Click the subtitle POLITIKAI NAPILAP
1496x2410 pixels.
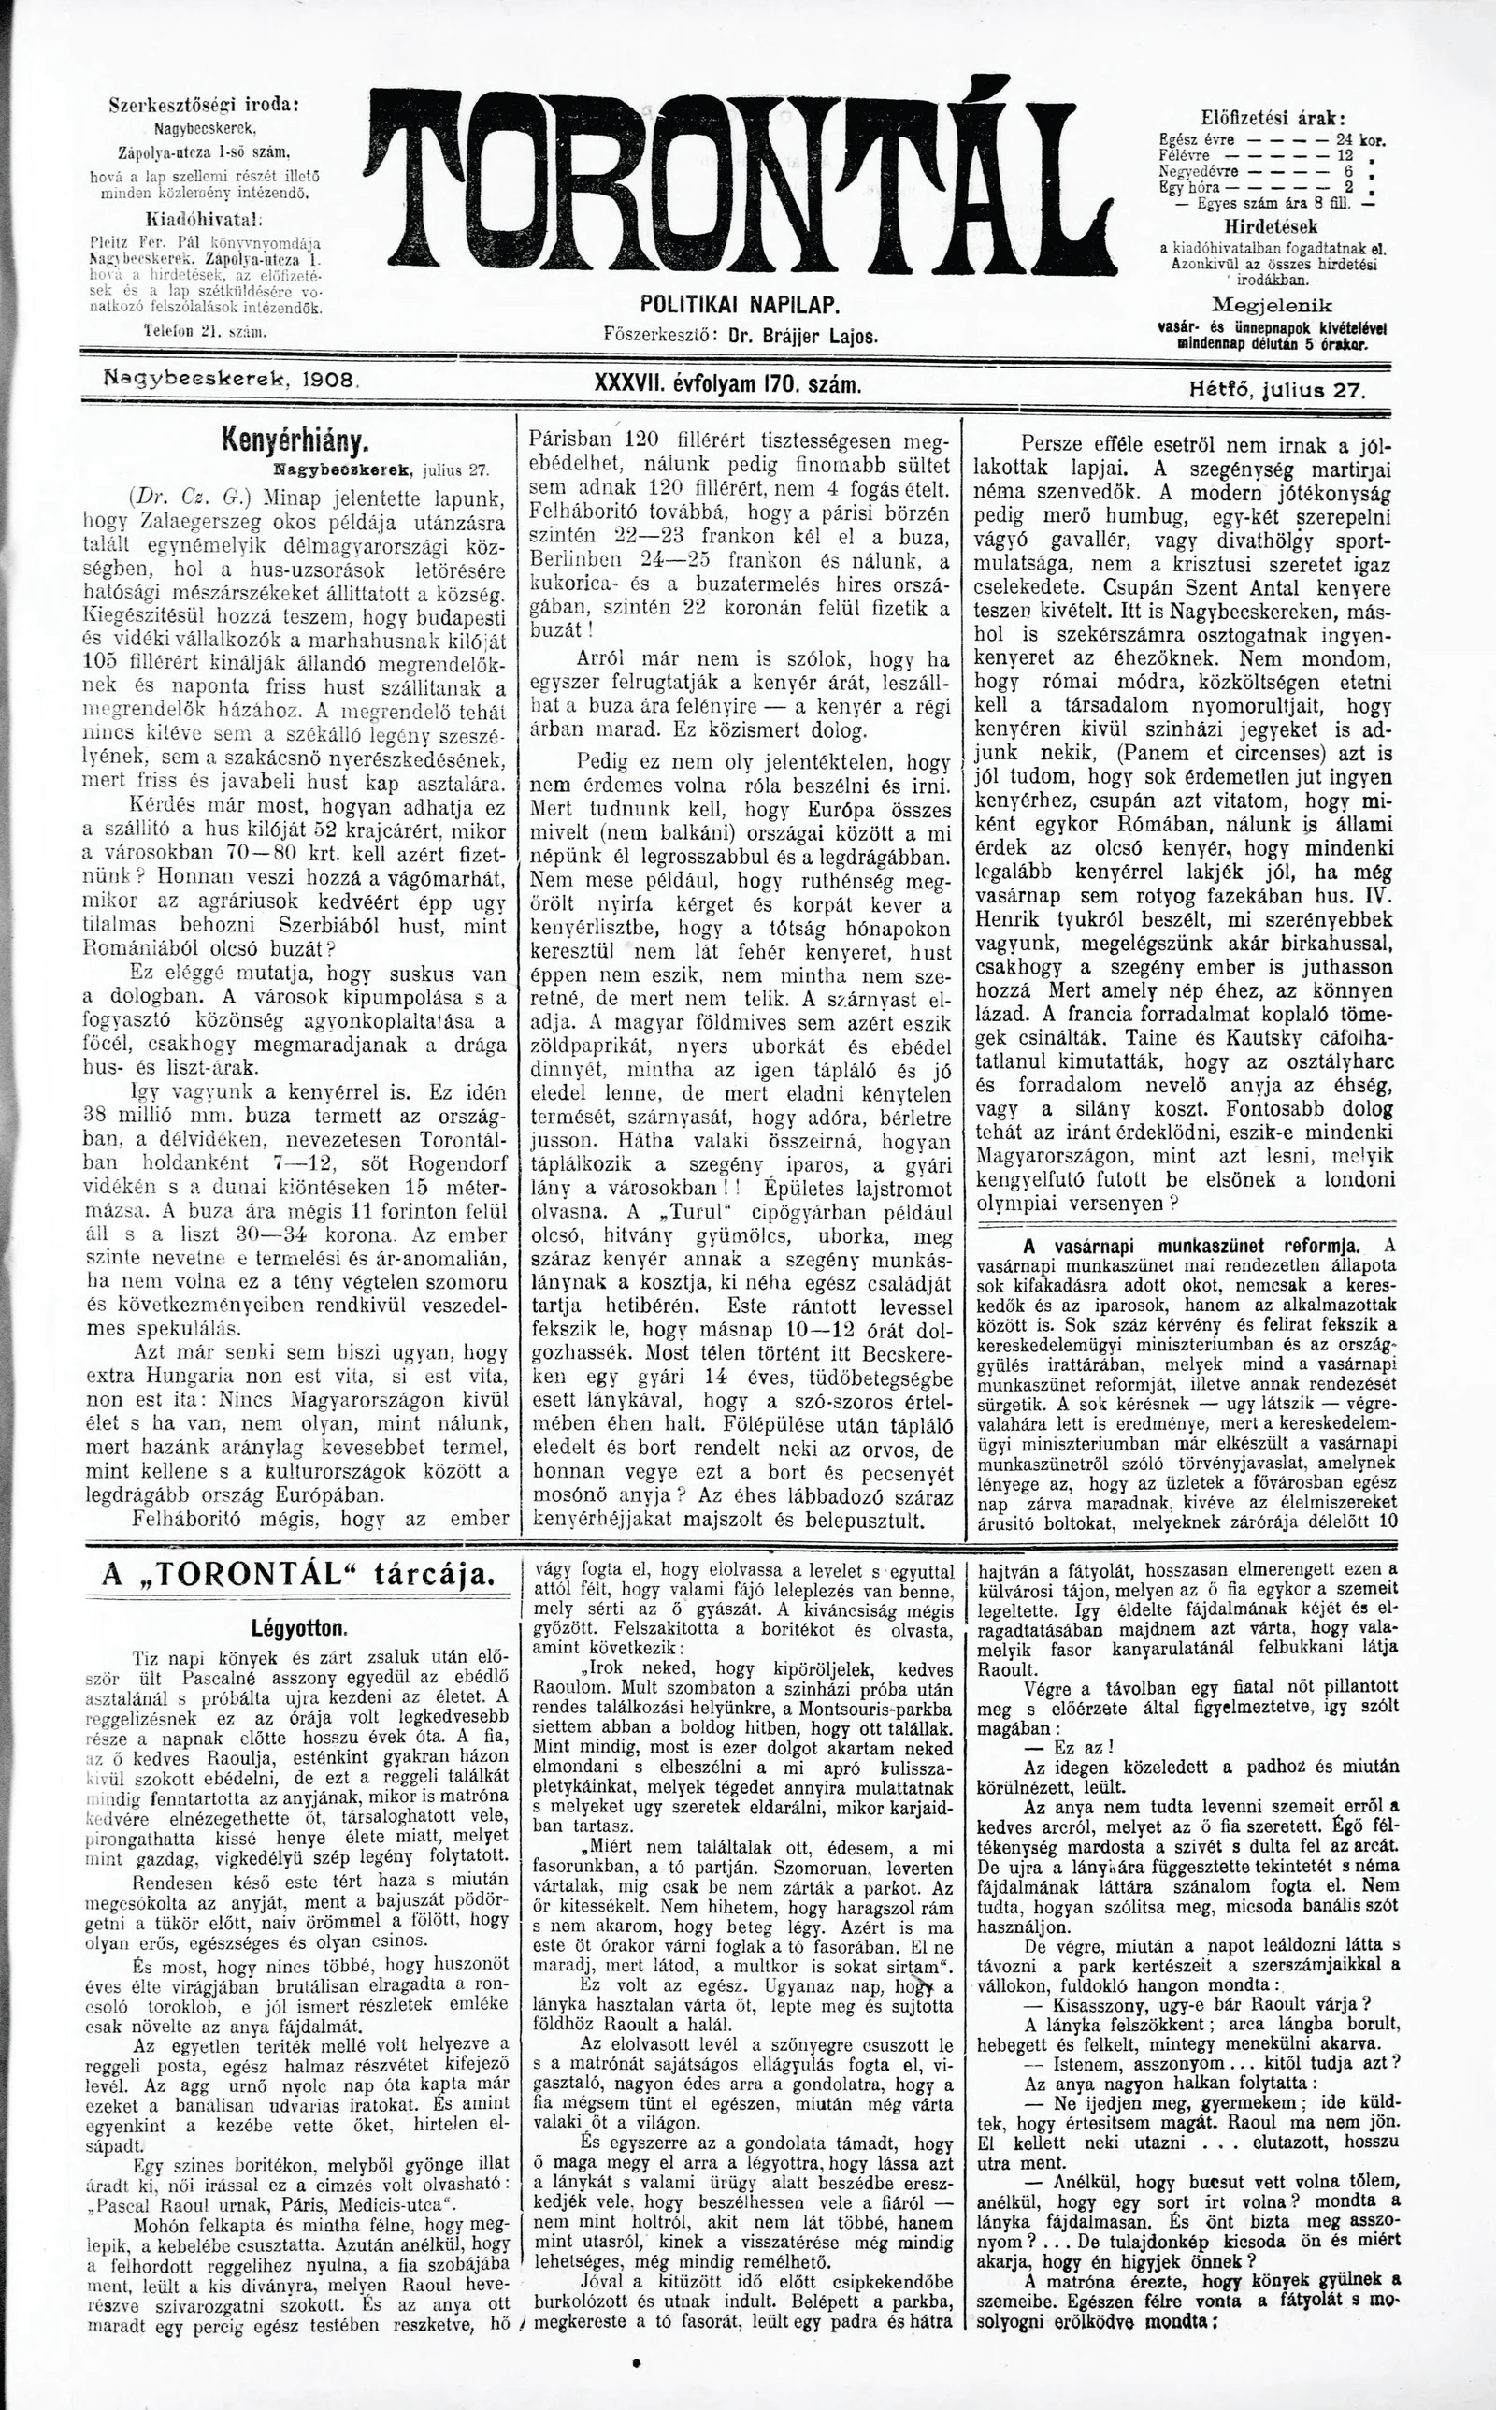coord(741,304)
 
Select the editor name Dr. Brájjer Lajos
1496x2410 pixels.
coord(802,336)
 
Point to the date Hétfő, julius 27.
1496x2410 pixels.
coord(1276,390)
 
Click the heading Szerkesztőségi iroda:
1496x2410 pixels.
coord(204,106)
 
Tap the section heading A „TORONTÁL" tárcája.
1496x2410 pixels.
coord(296,1576)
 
